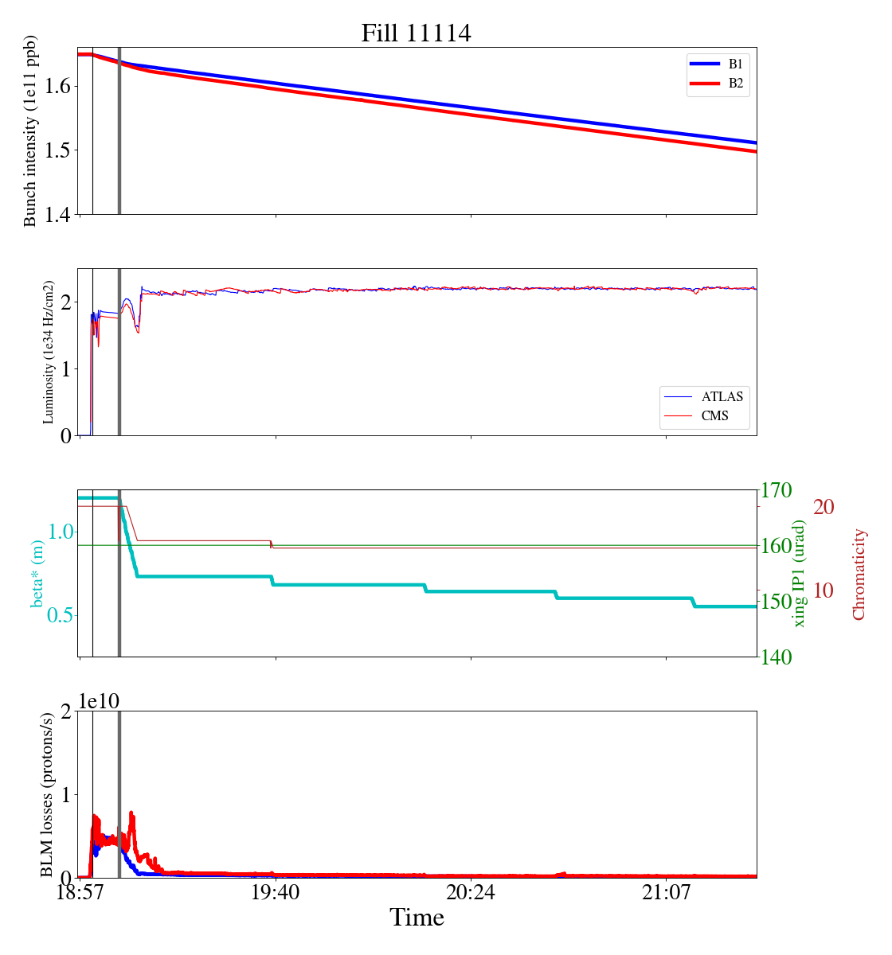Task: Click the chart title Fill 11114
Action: [416, 33]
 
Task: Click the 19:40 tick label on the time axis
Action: [275, 893]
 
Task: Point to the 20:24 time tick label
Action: [470, 893]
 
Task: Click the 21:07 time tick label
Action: [666, 893]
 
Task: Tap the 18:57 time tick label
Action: [80, 893]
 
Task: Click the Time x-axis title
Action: [417, 918]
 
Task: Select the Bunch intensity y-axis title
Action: [30, 131]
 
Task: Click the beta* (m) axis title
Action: [37, 573]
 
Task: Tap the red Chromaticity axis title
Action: [859, 574]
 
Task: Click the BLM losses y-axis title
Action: [48, 794]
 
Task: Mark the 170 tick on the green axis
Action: [777, 490]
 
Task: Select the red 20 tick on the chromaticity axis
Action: [824, 507]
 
